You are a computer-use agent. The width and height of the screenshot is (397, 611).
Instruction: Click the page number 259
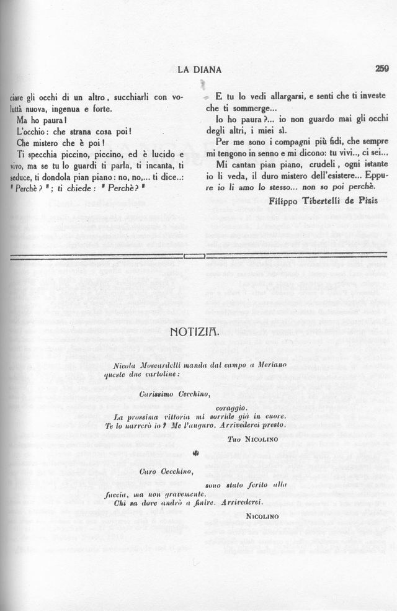tap(381, 69)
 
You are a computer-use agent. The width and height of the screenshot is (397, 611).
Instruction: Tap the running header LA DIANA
tap(199, 70)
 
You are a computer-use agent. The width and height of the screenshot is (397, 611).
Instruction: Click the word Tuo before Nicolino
tap(234, 439)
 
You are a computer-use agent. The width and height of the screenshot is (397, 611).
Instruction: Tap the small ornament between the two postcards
tap(196, 453)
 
